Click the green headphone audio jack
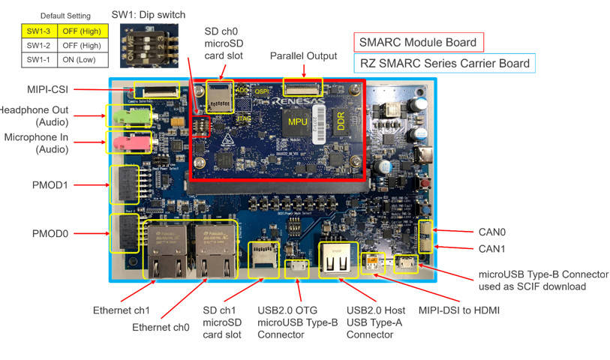tap(129, 115)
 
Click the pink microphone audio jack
tap(129, 141)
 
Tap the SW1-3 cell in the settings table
tap(40, 31)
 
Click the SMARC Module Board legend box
tap(419, 42)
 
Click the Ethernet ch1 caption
tap(122, 308)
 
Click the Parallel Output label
tap(303, 56)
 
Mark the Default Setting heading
tap(65, 16)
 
